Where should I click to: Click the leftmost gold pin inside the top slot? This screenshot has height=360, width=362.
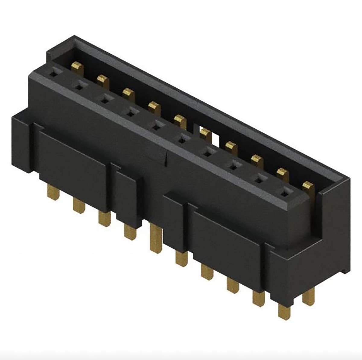[x=78, y=67]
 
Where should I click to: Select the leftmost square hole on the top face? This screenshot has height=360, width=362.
[x=53, y=73]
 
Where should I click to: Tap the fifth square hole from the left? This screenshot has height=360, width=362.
[x=156, y=126]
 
